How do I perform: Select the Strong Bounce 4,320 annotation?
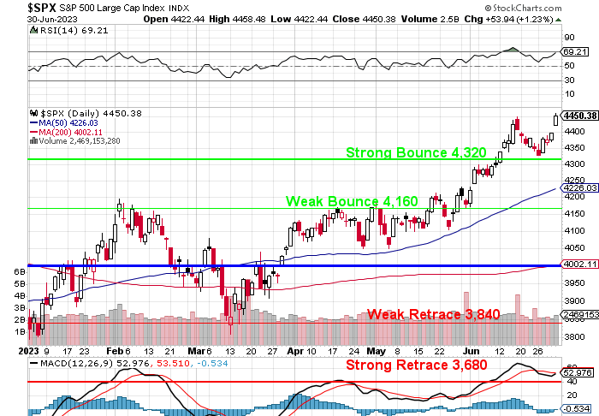pos(416,152)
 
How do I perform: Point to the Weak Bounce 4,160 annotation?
pos(352,201)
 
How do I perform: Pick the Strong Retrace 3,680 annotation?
pos(423,365)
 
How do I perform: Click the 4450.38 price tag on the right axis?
pos(579,115)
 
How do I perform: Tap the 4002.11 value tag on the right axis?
pos(579,264)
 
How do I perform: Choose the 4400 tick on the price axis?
pos(574,131)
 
